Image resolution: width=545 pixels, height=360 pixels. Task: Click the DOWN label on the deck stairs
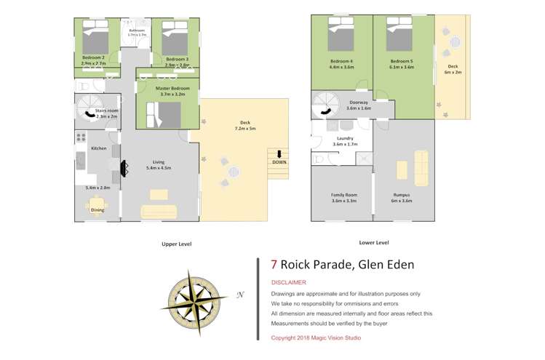[279, 162]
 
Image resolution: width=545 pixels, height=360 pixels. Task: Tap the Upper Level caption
[176, 244]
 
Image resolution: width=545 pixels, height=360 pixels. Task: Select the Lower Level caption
[373, 242]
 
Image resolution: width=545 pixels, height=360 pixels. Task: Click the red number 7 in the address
[274, 265]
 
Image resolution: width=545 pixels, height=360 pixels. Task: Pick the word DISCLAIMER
[288, 282]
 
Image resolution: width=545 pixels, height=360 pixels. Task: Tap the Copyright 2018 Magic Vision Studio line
[315, 337]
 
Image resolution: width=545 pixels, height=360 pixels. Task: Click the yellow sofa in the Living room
[159, 212]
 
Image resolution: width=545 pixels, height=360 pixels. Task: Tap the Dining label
[98, 210]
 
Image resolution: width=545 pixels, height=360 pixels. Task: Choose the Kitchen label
[98, 148]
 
